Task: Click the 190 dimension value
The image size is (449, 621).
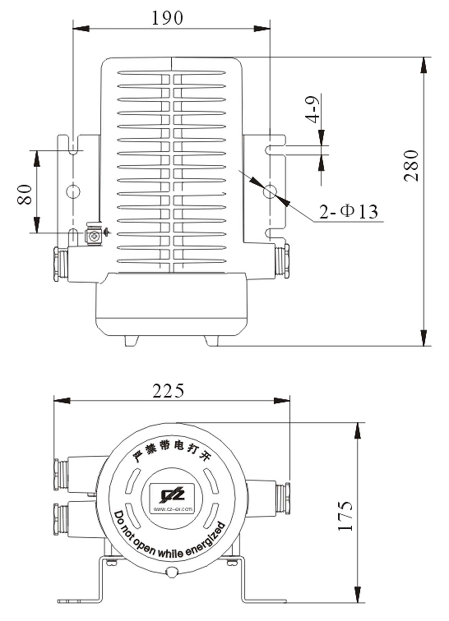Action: pyautogui.click(x=167, y=18)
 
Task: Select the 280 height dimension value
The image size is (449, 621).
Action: pyautogui.click(x=411, y=166)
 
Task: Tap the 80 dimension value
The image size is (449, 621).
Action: pyautogui.click(x=25, y=194)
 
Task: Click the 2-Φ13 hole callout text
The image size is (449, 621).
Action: pyautogui.click(x=348, y=211)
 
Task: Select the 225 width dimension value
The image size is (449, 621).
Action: pyautogui.click(x=168, y=391)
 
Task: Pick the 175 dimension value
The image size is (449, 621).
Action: pyautogui.click(x=345, y=516)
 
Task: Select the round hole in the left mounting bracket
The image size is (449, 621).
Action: pyautogui.click(x=73, y=190)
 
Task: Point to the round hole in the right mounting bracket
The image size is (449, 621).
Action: pyautogui.click(x=270, y=190)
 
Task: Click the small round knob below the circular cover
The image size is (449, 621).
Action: pyautogui.click(x=172, y=572)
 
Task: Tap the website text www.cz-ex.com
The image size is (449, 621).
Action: pyautogui.click(x=173, y=510)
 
